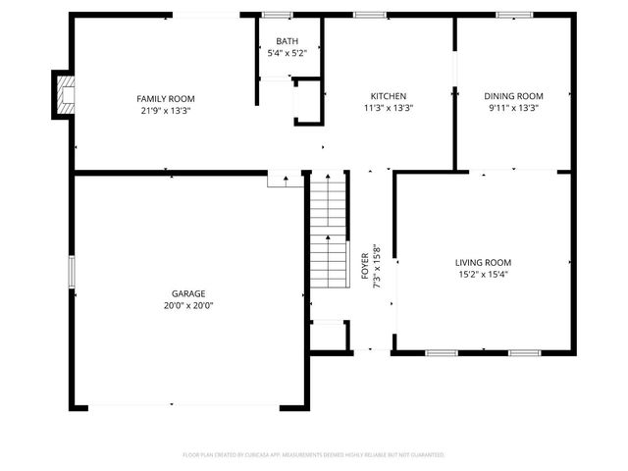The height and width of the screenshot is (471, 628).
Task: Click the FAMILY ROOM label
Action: click(165, 98)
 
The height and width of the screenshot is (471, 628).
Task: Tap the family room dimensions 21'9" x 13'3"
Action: click(165, 110)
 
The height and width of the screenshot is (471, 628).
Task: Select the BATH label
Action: click(287, 41)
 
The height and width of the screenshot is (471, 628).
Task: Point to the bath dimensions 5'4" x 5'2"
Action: click(287, 53)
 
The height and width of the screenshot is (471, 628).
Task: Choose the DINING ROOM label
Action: click(513, 96)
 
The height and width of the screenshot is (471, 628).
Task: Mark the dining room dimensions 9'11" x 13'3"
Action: click(513, 108)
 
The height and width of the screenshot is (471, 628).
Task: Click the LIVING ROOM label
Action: click(483, 262)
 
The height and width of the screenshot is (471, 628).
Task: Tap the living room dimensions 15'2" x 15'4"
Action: click(483, 275)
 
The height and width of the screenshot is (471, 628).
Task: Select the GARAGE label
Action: click(188, 293)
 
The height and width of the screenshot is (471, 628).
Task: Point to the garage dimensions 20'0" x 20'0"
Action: click(188, 306)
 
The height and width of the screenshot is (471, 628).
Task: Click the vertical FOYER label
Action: click(365, 264)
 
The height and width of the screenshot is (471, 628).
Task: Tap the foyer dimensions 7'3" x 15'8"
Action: click(376, 264)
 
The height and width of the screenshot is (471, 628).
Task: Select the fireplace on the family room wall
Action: click(64, 95)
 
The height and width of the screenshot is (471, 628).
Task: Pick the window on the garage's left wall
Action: click(71, 273)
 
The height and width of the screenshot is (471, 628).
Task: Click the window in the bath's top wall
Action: click(278, 15)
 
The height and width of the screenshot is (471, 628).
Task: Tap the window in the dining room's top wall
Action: click(513, 15)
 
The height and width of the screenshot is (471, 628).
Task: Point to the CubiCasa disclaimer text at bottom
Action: click(314, 455)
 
